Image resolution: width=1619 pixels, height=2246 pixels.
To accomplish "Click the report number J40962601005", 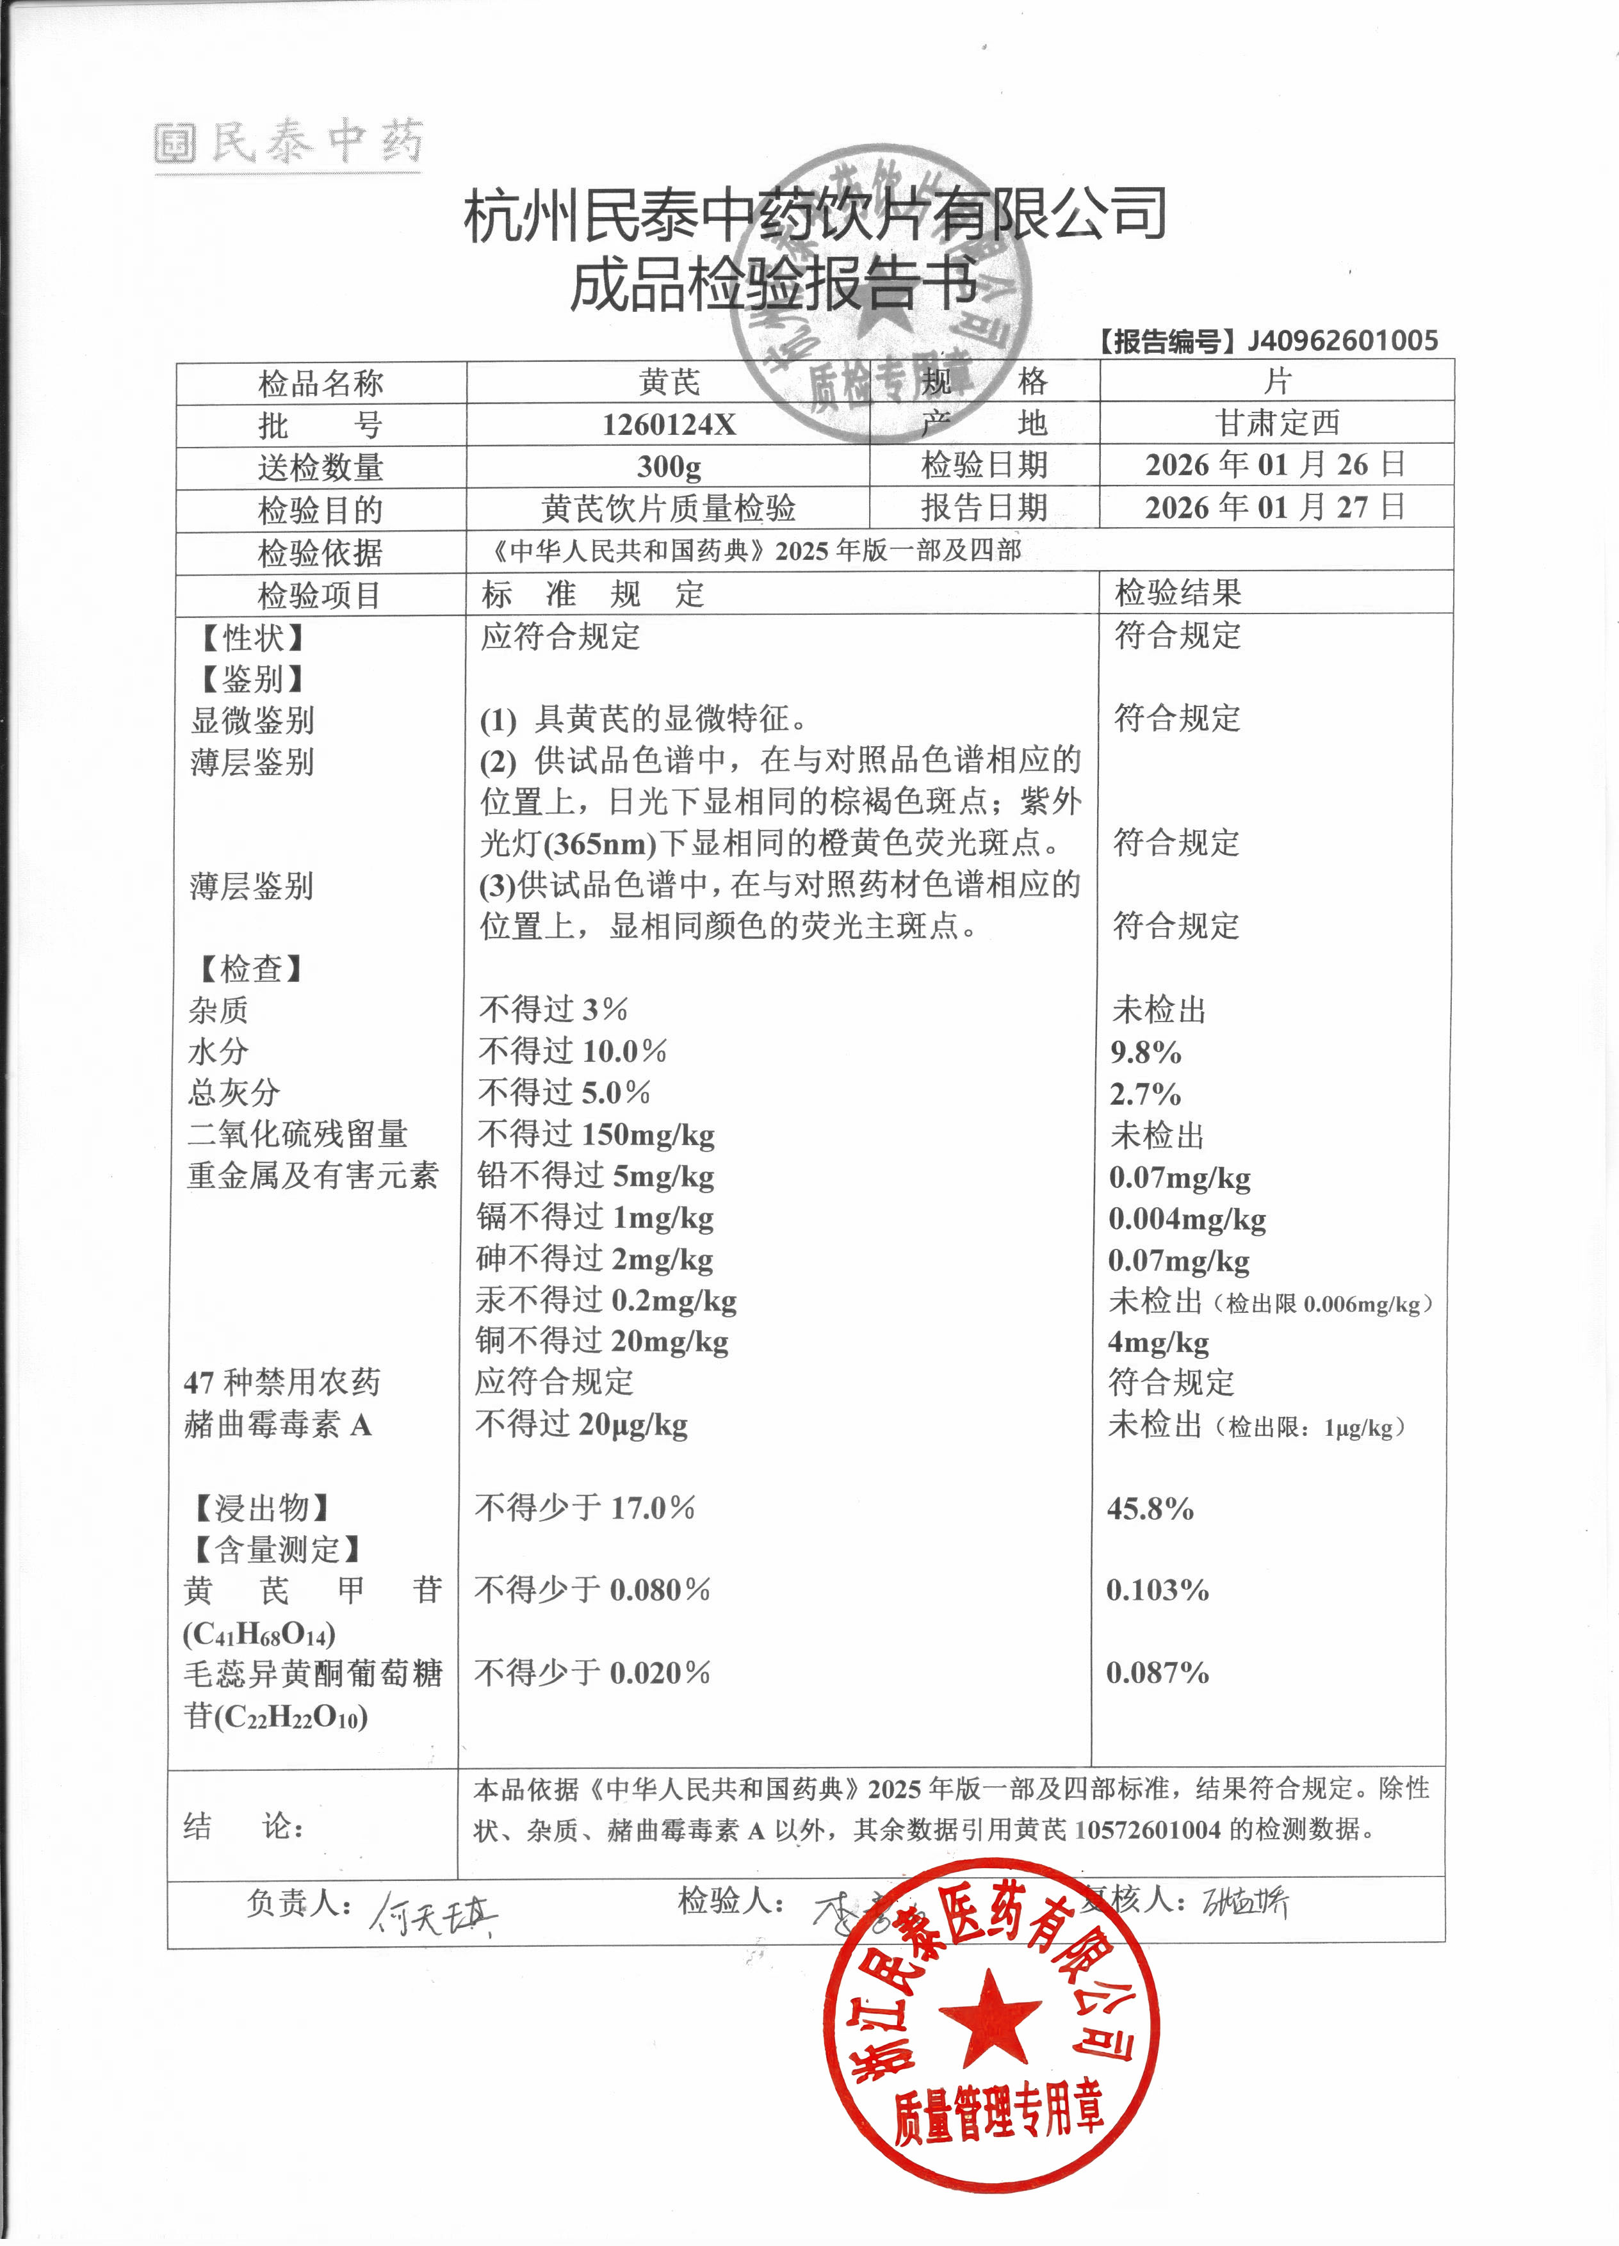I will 1342,341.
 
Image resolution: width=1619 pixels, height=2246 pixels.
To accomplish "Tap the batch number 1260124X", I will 669,425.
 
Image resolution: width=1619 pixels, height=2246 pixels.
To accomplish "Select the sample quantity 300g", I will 669,466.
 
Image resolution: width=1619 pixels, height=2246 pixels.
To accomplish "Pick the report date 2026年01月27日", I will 1275,507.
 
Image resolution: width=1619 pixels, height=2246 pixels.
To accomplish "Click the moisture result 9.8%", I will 1146,1052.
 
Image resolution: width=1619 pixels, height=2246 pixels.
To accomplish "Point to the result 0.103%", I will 1157,1590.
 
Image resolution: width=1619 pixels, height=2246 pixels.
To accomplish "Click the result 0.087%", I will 1157,1673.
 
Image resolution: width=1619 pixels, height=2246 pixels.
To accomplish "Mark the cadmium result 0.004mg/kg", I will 1187,1219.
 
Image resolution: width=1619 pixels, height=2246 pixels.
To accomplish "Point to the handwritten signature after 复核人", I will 1245,1902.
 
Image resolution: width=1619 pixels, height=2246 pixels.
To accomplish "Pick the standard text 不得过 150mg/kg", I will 596,1135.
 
